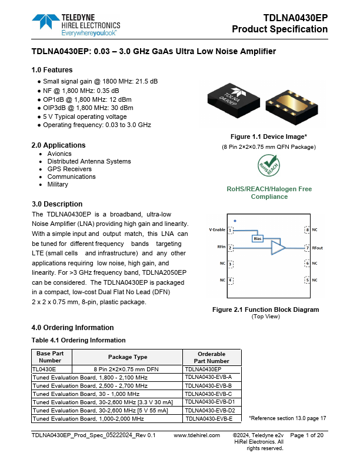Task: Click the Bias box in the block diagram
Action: tap(257, 238)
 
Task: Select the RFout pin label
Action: tap(317, 248)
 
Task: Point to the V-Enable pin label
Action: tap(217, 229)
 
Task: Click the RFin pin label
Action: tap(221, 248)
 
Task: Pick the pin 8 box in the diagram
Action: tap(306, 229)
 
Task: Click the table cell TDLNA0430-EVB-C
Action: tap(212, 394)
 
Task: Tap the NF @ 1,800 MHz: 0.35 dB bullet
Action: tap(81, 91)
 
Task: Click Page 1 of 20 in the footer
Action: tap(307, 435)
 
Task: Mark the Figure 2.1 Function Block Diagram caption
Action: tap(265, 309)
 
